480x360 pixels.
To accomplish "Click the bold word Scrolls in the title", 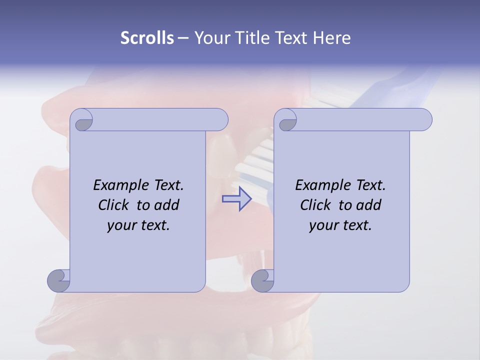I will point(147,38).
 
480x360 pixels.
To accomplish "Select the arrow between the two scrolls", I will point(236,199).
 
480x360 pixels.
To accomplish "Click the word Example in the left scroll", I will point(118,185).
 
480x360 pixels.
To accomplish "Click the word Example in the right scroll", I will point(320,185).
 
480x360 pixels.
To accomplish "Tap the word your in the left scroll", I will point(121,225).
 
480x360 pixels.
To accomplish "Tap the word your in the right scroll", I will point(323,225).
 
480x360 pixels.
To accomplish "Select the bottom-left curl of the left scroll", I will point(59,281).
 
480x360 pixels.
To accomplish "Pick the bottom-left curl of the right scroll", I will point(263,281).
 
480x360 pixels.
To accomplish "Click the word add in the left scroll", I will point(167,205).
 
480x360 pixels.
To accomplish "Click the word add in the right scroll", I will point(369,205).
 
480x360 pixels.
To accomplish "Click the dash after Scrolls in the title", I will point(183,38).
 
